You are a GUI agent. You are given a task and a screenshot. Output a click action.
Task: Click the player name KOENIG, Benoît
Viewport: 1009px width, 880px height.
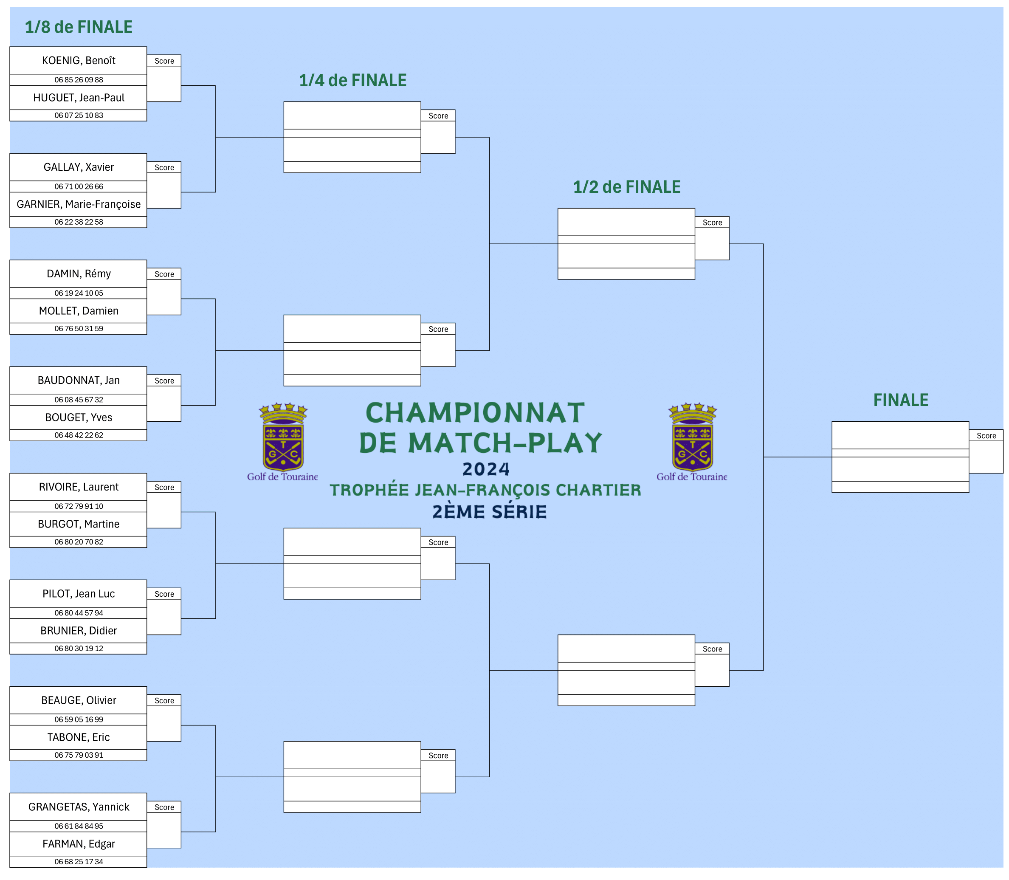[x=79, y=60]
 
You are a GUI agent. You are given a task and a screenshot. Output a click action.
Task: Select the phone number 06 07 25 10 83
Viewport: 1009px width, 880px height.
[x=79, y=116]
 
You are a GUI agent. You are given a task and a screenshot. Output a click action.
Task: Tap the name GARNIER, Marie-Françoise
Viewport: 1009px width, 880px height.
[x=79, y=204]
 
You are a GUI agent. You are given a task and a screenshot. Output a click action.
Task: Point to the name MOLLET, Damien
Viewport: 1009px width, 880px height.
[x=79, y=311]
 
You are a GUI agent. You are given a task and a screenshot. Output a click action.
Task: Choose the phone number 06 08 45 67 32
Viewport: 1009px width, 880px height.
[x=79, y=400]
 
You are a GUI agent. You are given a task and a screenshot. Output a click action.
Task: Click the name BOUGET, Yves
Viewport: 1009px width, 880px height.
[x=79, y=417]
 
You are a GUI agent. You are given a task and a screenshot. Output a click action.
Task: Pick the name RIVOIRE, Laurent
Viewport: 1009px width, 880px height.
[x=79, y=487]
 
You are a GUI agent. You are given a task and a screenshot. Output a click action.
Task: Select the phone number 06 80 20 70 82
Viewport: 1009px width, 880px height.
[x=79, y=542]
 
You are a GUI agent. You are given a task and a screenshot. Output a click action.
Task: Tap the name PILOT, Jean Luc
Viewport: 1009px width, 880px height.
[x=79, y=594]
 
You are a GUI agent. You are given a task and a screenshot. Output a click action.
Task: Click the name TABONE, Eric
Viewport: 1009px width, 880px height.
[x=79, y=737]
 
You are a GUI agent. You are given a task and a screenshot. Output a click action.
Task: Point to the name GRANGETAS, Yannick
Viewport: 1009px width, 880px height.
[x=79, y=807]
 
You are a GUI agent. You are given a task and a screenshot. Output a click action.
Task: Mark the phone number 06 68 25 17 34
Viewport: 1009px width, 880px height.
[x=79, y=862]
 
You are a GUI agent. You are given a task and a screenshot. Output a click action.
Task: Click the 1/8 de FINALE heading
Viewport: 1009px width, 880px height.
[x=79, y=27]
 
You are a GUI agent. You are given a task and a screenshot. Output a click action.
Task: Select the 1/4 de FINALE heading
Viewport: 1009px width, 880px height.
[x=352, y=80]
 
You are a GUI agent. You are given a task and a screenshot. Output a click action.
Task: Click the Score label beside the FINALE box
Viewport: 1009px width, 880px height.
[x=986, y=436]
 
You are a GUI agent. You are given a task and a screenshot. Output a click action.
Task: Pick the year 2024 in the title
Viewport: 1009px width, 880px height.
[x=486, y=469]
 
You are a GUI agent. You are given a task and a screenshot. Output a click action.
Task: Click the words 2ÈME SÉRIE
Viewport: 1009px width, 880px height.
[x=490, y=512]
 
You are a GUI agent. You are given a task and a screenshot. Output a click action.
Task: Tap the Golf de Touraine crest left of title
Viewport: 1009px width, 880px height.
[x=283, y=441]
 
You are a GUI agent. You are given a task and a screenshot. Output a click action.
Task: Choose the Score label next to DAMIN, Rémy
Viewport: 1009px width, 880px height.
[x=164, y=274]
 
